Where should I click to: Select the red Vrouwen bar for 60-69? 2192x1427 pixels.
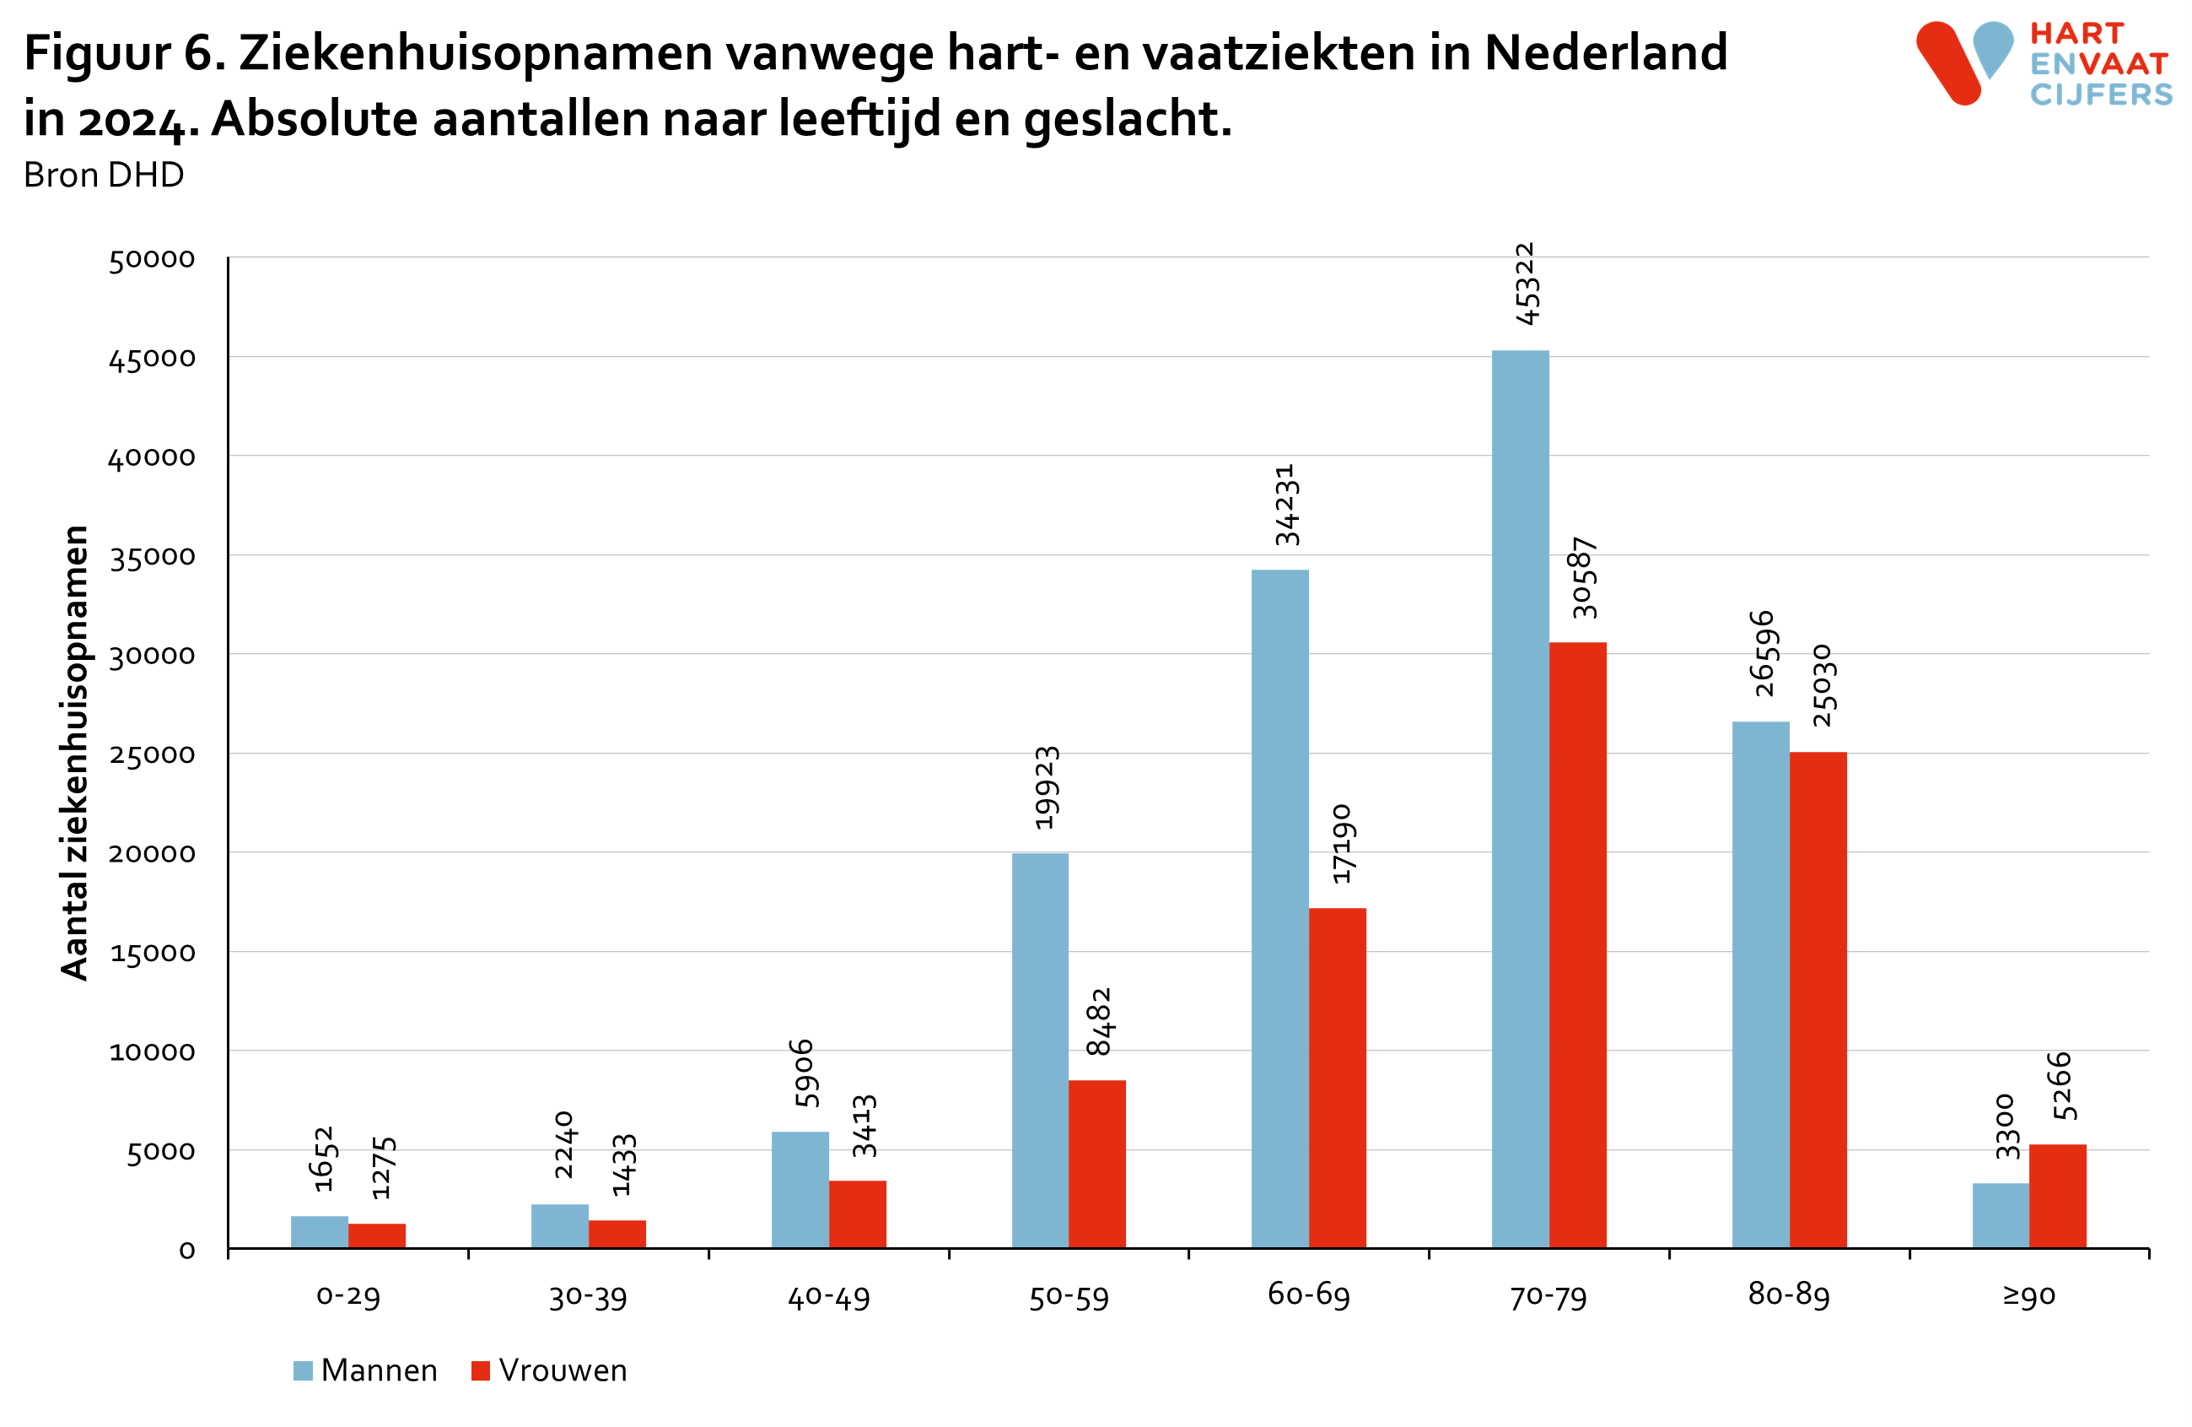(1337, 1078)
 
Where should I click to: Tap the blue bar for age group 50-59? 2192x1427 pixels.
(1040, 1051)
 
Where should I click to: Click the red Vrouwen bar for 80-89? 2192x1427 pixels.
(1818, 999)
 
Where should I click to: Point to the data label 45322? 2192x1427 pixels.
(1526, 283)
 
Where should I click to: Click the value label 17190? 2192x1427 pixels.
(1342, 843)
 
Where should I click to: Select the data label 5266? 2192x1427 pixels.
(2062, 1085)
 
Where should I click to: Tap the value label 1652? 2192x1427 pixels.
(323, 1158)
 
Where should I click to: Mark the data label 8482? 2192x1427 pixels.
(1099, 1021)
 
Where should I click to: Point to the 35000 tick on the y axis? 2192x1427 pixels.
(153, 556)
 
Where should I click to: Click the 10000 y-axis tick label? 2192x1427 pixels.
(153, 1051)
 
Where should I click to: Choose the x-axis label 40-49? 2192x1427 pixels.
(828, 1297)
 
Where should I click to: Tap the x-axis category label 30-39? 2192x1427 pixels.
(588, 1297)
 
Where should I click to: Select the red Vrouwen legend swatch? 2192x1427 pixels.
(480, 1370)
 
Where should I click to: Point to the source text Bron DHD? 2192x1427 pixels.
(103, 174)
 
